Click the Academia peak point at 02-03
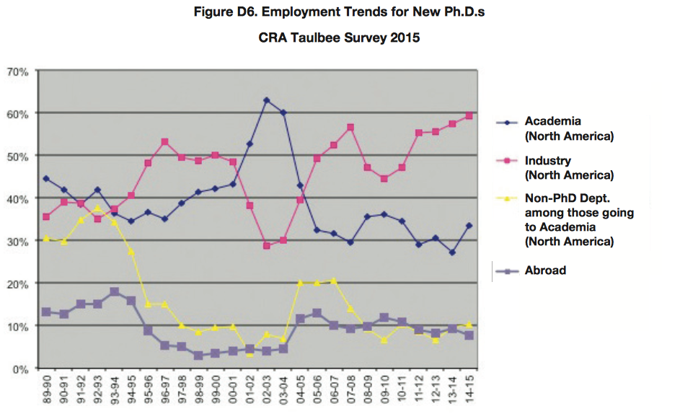pyautogui.click(x=267, y=100)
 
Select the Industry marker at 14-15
pyautogui.click(x=469, y=115)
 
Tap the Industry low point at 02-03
pyautogui.click(x=267, y=246)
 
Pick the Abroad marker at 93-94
pyautogui.click(x=114, y=291)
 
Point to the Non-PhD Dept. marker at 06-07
pyautogui.click(x=334, y=280)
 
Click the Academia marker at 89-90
pyautogui.click(x=47, y=178)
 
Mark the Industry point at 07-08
pyautogui.click(x=350, y=127)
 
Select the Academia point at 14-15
pyautogui.click(x=469, y=226)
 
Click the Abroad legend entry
pyautogui.click(x=545, y=270)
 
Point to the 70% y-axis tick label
pyautogui.click(x=17, y=71)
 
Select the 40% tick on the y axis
pyautogui.click(x=17, y=198)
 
